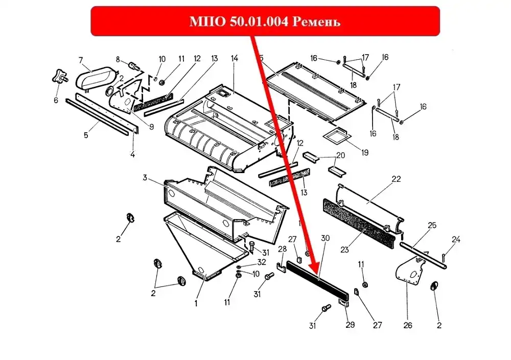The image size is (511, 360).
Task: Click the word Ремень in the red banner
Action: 316,22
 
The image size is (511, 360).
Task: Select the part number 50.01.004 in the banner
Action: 259,21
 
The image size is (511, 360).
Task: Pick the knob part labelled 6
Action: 59,76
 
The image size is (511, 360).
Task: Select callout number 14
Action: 235,58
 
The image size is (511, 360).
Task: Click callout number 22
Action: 397,179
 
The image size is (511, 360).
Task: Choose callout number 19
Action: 365,153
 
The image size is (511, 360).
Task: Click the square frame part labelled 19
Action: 336,135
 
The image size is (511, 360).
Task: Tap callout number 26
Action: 408,325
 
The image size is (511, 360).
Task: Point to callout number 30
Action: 325,238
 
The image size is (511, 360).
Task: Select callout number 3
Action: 145,178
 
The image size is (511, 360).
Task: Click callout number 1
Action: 196,303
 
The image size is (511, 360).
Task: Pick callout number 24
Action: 456,239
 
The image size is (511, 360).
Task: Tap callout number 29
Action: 350,324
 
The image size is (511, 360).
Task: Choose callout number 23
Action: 344,250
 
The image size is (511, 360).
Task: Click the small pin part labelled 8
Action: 134,66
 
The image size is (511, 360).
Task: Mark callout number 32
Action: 262,262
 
